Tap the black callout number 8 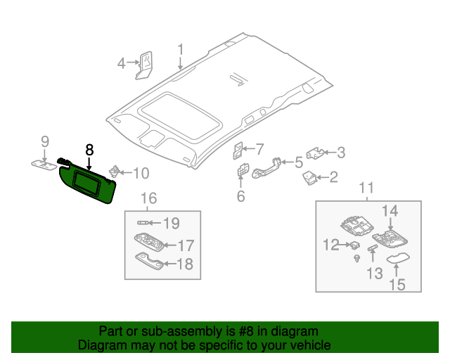coord(89,150)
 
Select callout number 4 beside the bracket coord(122,63)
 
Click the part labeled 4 coord(144,65)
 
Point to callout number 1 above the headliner coord(180,49)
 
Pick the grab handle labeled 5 coord(266,169)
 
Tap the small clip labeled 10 coord(114,172)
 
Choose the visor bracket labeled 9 coord(44,165)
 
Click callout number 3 coord(341,153)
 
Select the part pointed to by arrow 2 coord(309,178)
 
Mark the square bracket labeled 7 coord(238,151)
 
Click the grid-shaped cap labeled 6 coord(243,170)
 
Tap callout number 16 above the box coord(149,198)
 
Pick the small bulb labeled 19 coord(143,223)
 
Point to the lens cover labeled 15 coord(398,258)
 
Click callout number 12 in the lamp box coord(331,245)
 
